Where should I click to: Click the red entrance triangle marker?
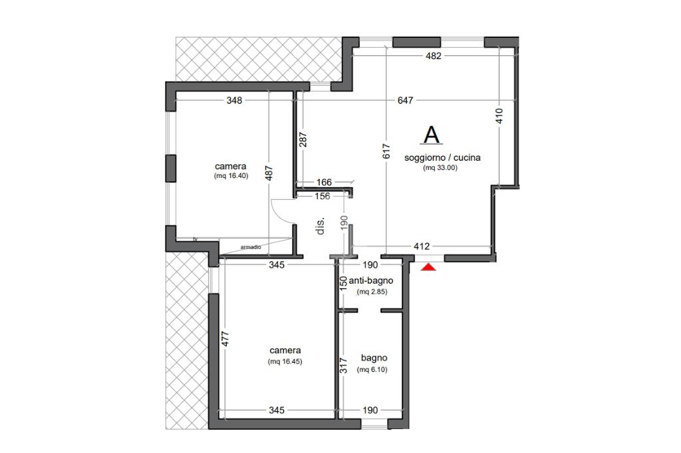(x=429, y=267)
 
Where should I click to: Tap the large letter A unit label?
(x=432, y=135)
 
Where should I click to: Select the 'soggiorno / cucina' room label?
(x=442, y=157)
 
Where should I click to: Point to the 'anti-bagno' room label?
(x=371, y=280)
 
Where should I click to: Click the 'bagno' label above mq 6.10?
(x=374, y=358)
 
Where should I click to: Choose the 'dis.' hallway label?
(x=321, y=226)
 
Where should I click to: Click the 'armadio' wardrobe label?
(x=251, y=247)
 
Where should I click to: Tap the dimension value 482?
(x=434, y=56)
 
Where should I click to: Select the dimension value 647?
(x=405, y=100)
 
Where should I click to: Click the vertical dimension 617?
(x=386, y=151)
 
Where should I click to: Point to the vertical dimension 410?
(x=499, y=116)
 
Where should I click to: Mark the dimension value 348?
(x=234, y=100)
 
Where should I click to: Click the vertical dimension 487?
(x=269, y=173)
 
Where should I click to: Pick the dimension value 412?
(x=422, y=246)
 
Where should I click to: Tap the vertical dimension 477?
(x=225, y=339)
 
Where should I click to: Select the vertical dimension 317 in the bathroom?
(x=344, y=365)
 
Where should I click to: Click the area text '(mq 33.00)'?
(x=440, y=168)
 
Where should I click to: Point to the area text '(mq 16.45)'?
(x=285, y=361)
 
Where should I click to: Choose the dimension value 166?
(x=324, y=182)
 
